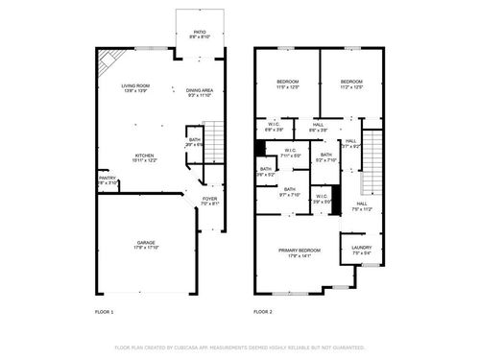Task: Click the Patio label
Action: point(200,34)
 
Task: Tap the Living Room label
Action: point(134,88)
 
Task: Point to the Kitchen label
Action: point(145,157)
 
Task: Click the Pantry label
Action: point(107,180)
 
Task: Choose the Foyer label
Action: point(210,202)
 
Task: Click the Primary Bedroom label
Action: point(299,252)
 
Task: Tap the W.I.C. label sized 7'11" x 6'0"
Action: point(292,153)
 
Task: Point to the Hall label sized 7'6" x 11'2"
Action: point(362,205)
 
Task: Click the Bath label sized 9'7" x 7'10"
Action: point(289,192)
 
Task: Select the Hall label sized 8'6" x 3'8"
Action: point(319,127)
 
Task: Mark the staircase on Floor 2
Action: point(370,164)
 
